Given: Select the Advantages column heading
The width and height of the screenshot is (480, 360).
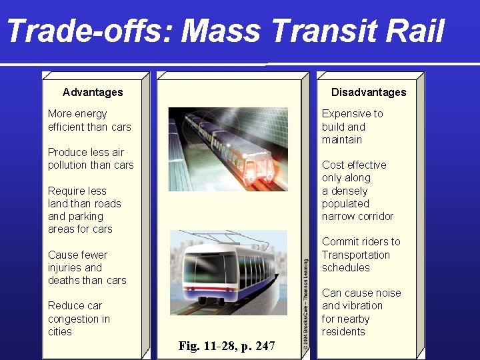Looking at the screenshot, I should click(x=93, y=92).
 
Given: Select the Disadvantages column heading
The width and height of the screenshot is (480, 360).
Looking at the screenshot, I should click(x=369, y=92).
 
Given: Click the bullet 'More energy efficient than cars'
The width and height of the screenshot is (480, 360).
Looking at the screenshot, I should click(x=89, y=120).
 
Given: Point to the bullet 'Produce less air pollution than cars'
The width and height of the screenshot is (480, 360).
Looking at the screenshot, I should click(x=91, y=159).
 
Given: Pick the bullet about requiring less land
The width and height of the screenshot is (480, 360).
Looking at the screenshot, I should click(x=85, y=210).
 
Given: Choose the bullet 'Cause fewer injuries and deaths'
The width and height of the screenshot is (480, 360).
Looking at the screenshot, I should click(x=87, y=267).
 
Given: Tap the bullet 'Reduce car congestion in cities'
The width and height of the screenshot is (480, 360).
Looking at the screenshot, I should click(x=79, y=319).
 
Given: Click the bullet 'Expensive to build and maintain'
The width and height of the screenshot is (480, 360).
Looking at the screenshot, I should click(x=352, y=127).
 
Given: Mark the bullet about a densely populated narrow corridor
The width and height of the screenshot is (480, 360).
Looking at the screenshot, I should click(x=357, y=191).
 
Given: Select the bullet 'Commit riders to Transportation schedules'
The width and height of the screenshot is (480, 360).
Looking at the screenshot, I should click(x=361, y=255).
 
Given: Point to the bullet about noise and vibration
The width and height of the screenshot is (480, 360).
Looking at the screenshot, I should click(x=361, y=312).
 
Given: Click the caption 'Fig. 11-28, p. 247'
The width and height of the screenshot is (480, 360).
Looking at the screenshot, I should click(x=227, y=346).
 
